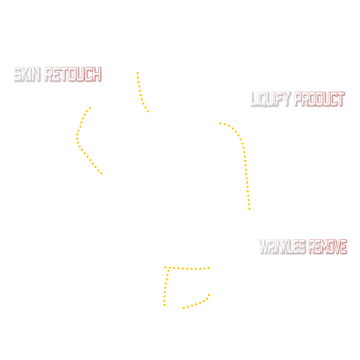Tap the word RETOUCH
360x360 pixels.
pos(72,75)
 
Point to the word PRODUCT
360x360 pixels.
pos(318,99)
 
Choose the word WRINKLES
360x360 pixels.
pos(282,247)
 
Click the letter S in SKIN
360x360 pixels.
pos(17,75)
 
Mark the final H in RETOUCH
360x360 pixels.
pos(96,75)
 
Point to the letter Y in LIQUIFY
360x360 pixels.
pos(288,99)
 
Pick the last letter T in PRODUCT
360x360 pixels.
pos(340,99)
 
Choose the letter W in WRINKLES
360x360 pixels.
pos(264,247)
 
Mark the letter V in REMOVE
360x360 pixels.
pos(337,247)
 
